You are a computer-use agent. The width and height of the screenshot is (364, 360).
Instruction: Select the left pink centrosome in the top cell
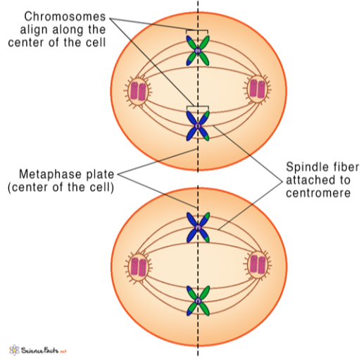tap(137, 90)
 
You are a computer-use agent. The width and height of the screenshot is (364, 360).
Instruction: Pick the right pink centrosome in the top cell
tap(258, 89)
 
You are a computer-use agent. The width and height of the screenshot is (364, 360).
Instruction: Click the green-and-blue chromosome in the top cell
tap(198, 51)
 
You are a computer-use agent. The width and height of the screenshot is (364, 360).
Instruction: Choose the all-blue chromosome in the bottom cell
tap(198, 227)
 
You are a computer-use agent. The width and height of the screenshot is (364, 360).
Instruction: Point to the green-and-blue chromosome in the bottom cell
tap(198, 302)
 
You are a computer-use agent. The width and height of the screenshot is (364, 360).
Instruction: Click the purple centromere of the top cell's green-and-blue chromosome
tap(198, 51)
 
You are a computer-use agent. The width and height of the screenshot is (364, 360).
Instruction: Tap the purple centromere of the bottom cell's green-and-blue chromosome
tap(198, 302)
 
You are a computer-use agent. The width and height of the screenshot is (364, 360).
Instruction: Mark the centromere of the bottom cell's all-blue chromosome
tap(198, 227)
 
